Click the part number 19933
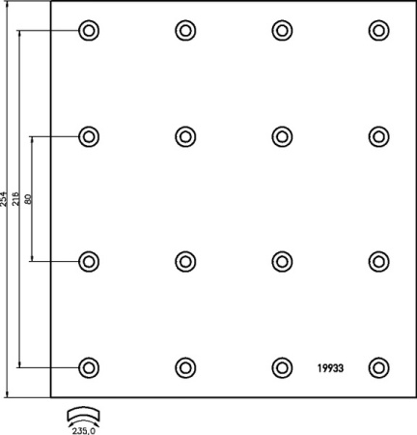(330, 368)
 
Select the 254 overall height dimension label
(4, 199)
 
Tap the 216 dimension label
(15, 199)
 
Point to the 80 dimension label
(28, 199)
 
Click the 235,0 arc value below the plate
(84, 431)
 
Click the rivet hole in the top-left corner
(89, 31)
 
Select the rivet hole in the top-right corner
(379, 31)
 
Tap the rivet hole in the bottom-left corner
(89, 367)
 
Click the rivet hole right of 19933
(379, 367)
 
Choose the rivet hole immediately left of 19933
(282, 367)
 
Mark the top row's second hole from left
(185, 31)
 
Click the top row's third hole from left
(282, 31)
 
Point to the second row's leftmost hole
(89, 136)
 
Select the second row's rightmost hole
(379, 136)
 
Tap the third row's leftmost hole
(89, 261)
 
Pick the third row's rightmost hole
(379, 261)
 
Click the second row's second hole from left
(185, 136)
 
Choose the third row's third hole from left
(282, 261)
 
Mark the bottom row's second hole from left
(185, 367)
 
